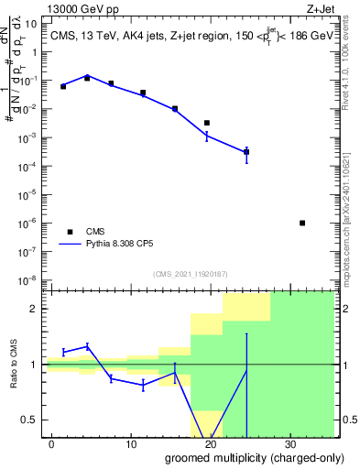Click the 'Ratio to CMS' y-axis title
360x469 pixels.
14,365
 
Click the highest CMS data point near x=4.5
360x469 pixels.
87,78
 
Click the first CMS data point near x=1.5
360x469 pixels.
63,86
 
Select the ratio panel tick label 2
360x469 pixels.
34,309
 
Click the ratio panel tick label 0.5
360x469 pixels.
29,420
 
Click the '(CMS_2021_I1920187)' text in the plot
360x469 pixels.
190,274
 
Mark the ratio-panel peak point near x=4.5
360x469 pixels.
87,346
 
